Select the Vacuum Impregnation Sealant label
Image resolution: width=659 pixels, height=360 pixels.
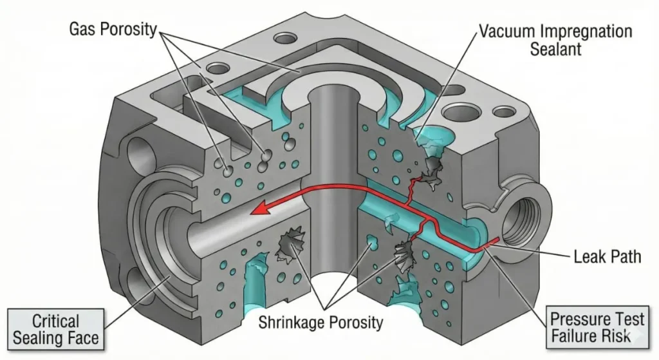click(554, 40)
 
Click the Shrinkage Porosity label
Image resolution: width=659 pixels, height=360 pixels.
click(320, 321)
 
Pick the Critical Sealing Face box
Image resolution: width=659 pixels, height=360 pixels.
click(55, 329)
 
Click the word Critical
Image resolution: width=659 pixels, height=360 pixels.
click(55, 320)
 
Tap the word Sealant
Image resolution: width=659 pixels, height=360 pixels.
click(554, 50)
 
